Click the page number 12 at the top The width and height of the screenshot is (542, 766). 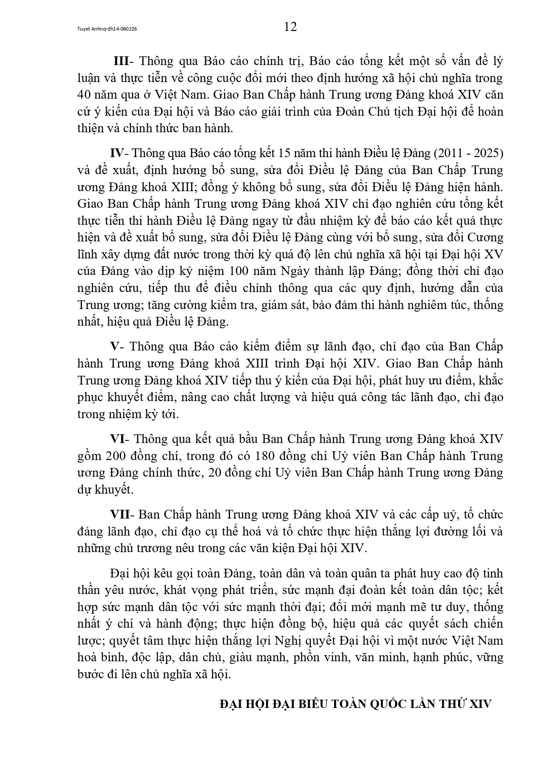pos(290,27)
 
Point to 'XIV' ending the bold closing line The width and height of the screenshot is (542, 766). pos(480,704)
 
